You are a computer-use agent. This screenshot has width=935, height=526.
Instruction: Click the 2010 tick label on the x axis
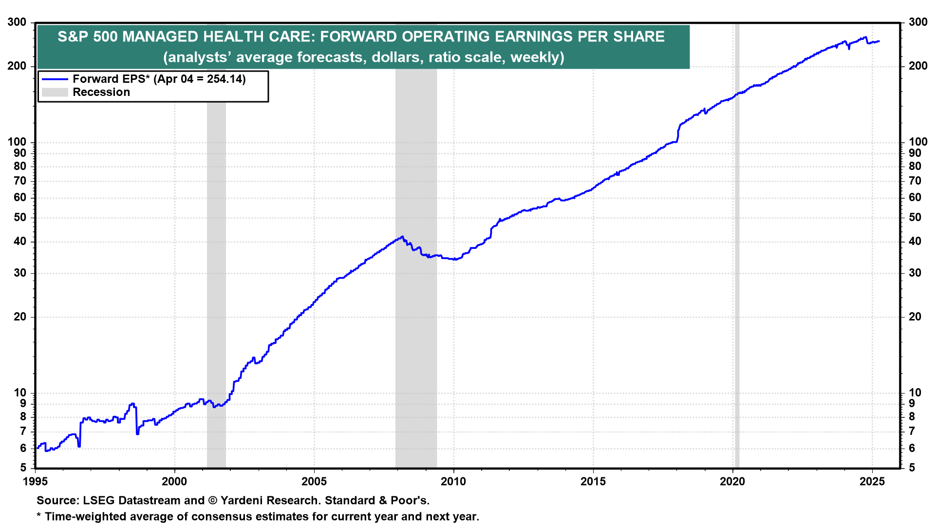[453, 482]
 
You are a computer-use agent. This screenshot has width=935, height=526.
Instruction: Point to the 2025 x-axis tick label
[872, 482]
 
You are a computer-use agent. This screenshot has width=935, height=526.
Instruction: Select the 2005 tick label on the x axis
[314, 482]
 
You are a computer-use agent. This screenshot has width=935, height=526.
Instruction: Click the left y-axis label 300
[17, 22]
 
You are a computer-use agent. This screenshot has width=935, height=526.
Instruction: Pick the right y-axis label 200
[918, 66]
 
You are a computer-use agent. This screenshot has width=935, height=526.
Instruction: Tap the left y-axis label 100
[17, 142]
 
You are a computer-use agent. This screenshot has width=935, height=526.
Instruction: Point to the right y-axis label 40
[915, 242]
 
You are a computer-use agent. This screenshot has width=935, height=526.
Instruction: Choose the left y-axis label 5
[23, 468]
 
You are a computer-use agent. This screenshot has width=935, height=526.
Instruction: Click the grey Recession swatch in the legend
[55, 93]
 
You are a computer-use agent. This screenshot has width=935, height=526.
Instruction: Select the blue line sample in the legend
[55, 79]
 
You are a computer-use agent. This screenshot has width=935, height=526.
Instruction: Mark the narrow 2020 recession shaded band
[737, 244]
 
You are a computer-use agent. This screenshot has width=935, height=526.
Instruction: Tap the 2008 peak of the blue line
[402, 237]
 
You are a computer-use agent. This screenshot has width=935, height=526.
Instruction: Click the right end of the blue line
[879, 41]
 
